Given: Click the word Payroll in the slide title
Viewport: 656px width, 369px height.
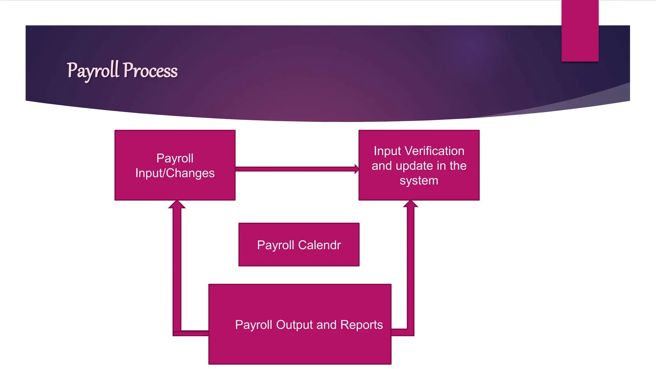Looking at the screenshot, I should tap(93, 70).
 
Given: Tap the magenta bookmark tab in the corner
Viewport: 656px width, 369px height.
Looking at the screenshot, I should tap(580, 31).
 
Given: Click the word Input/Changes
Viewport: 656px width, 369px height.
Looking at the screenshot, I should tap(175, 173).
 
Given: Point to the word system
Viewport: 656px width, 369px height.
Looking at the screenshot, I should tap(419, 181).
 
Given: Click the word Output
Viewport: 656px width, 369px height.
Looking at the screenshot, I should tap(294, 325).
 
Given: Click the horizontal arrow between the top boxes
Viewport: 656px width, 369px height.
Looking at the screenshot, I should tap(295, 169).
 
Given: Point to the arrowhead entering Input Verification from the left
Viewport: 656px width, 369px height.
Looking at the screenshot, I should tap(357, 169).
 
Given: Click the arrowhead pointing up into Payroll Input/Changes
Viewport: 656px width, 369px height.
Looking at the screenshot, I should tap(177, 205).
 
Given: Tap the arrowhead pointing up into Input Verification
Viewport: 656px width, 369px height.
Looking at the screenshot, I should tap(411, 204).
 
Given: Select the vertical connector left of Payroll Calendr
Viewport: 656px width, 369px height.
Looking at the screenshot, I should tap(177, 269).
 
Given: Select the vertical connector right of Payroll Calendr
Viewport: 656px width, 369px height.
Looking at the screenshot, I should tap(411, 269).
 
